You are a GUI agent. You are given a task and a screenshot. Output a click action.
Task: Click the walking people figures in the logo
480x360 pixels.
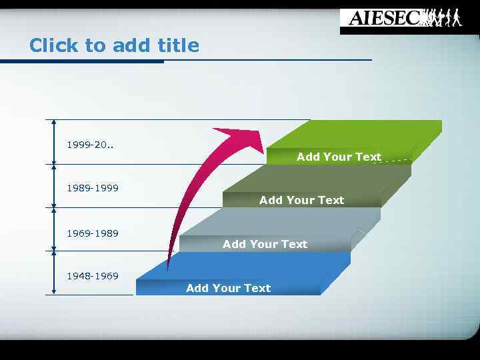tap(443, 17)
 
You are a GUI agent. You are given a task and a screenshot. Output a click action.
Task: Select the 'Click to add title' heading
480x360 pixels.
tap(114, 45)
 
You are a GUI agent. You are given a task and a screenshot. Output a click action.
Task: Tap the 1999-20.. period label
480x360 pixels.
tap(90, 144)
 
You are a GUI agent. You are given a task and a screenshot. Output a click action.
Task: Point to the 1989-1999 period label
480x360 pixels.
tap(93, 188)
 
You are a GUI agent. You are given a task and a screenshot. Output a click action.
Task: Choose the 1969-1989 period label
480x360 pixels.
tap(93, 233)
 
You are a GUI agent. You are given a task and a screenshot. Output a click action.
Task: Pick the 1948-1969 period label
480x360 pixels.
tap(93, 276)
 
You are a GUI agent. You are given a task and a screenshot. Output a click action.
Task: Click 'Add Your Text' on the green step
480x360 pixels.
tap(339, 157)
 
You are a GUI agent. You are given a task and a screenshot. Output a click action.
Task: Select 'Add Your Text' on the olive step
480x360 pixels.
tap(301, 200)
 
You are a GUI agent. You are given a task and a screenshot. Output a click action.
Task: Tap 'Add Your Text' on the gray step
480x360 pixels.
tap(265, 244)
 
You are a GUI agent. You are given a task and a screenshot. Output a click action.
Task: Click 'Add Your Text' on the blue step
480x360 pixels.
tap(228, 288)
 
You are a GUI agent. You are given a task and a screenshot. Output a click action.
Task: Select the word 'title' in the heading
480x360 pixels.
tap(178, 45)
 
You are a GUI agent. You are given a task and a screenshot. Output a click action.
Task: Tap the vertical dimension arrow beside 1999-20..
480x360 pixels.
tap(54, 141)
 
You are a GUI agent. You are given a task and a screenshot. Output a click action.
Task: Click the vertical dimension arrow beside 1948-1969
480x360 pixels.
tap(54, 273)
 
